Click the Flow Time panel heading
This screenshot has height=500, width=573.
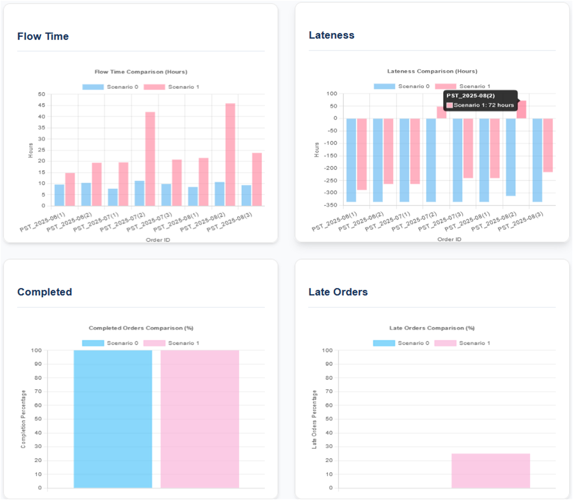43,37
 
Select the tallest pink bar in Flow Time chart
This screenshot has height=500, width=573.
230,154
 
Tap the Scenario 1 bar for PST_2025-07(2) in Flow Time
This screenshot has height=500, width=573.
150,159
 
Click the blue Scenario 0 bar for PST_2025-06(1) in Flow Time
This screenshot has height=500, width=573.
59,195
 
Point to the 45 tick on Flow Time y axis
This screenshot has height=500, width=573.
42,105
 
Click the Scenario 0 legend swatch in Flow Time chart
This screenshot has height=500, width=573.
93,87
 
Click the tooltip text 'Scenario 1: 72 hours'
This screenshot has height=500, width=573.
483,105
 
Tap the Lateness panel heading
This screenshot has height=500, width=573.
331,35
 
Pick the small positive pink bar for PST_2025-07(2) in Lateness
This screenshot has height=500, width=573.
441,112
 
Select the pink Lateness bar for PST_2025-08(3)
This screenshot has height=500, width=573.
548,145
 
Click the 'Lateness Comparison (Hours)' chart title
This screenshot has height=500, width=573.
432,71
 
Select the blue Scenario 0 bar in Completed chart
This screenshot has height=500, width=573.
113,419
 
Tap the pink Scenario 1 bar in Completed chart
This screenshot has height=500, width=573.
200,419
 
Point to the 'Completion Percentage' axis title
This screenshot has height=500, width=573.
23,419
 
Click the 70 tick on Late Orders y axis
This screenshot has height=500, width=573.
329,391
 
